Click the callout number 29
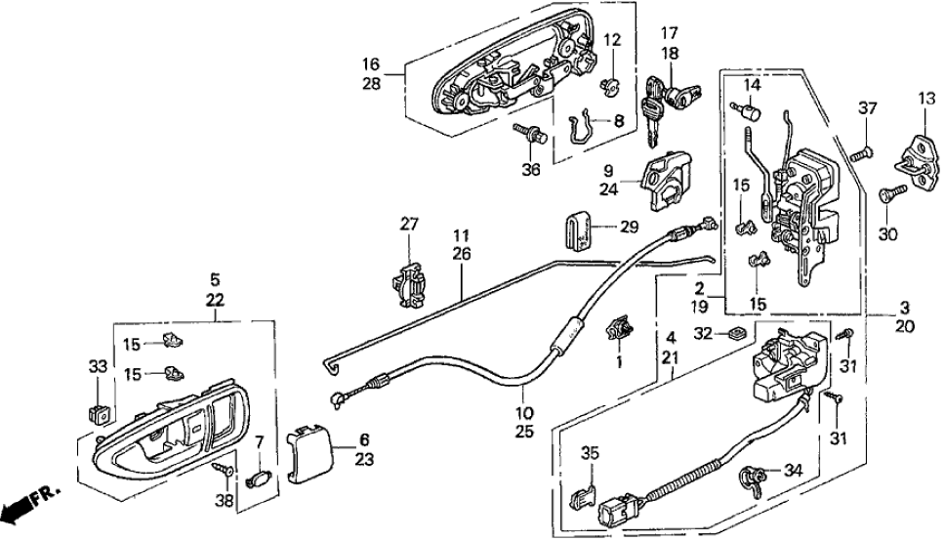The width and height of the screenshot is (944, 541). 630,226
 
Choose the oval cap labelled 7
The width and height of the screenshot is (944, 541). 259,480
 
